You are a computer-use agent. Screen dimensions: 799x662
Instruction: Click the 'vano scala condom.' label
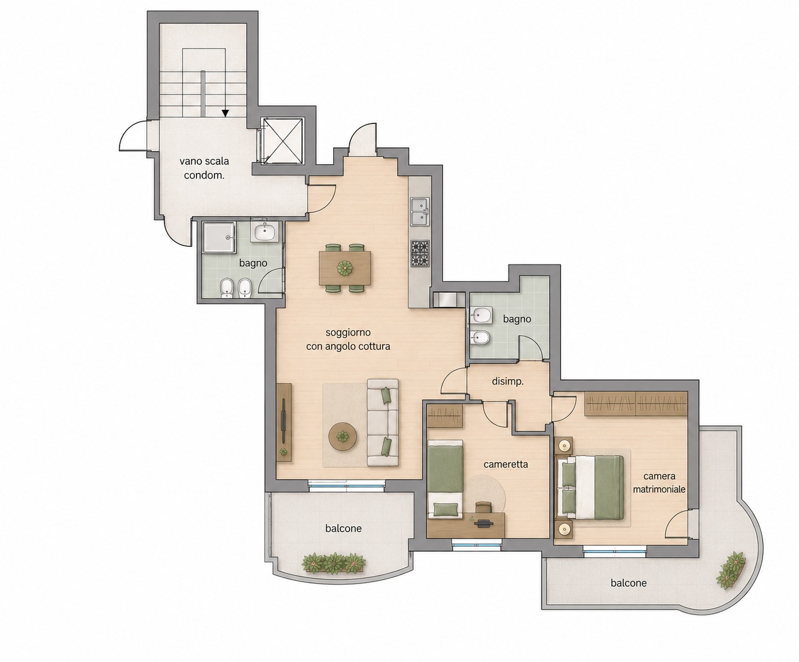click(x=204, y=168)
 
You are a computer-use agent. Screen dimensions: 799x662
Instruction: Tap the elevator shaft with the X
click(x=282, y=141)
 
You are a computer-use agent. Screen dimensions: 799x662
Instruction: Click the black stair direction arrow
click(x=226, y=113)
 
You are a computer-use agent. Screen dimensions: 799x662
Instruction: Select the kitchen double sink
click(x=420, y=212)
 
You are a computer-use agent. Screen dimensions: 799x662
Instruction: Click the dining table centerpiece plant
click(x=346, y=267)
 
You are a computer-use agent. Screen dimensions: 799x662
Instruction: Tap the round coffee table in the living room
click(x=343, y=437)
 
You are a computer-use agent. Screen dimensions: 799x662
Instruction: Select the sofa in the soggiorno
click(x=383, y=422)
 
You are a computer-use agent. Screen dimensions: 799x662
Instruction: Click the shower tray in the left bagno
click(x=219, y=237)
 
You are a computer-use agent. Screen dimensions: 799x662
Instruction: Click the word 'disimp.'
click(x=507, y=381)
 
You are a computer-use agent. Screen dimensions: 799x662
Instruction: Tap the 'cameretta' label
click(x=506, y=464)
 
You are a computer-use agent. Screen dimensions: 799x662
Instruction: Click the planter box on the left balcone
click(x=333, y=563)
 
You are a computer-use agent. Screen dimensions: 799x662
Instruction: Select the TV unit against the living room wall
click(x=284, y=423)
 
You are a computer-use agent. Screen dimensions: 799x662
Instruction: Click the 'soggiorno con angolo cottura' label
click(x=348, y=339)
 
